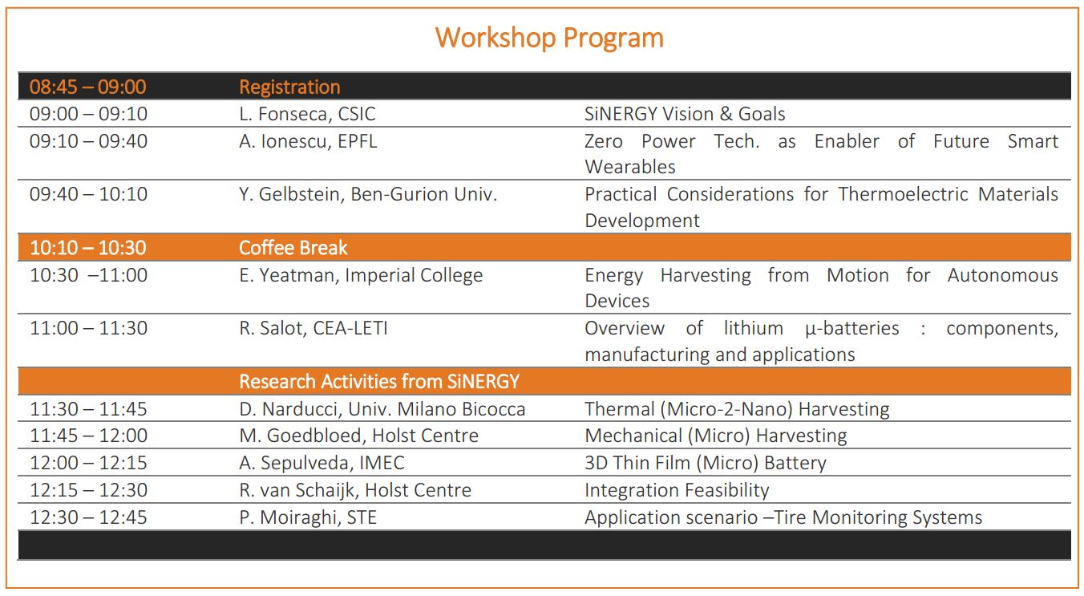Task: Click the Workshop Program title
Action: click(549, 39)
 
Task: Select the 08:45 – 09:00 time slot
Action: click(87, 87)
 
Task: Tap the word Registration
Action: click(289, 87)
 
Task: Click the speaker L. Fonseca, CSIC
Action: click(307, 114)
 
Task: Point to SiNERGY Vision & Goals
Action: click(685, 114)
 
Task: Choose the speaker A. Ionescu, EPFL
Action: click(308, 141)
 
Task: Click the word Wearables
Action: click(630, 167)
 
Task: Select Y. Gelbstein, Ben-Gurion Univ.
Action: click(368, 194)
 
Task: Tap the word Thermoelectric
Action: click(903, 194)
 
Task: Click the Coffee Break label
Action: click(293, 248)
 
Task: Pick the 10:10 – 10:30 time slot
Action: click(87, 248)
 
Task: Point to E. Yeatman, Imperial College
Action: click(361, 275)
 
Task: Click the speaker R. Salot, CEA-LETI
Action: click(313, 328)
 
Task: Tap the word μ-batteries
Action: click(852, 329)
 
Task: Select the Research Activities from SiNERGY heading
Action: click(379, 382)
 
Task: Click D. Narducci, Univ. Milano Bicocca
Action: click(382, 409)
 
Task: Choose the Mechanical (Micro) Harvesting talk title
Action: click(716, 436)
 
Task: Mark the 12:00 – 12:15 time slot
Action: click(88, 463)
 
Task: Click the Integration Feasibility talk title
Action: click(677, 490)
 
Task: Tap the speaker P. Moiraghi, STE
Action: click(308, 517)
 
